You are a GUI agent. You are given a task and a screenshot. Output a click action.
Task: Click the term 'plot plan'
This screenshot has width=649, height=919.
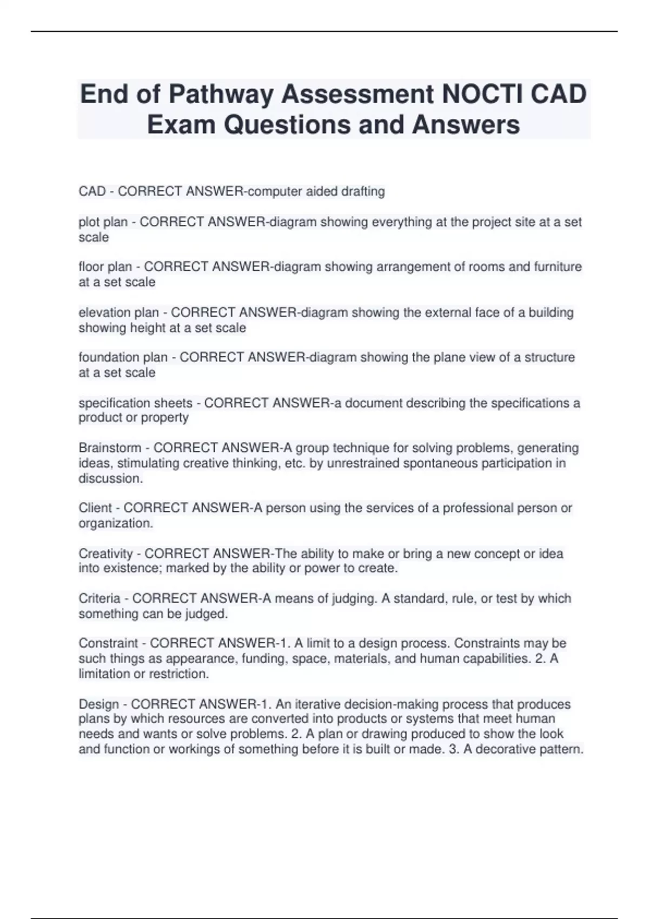tap(103, 222)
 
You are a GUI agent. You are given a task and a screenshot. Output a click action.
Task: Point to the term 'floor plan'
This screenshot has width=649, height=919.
tap(105, 267)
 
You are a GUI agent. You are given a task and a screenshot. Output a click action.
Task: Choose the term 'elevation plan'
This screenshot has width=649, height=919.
tap(118, 312)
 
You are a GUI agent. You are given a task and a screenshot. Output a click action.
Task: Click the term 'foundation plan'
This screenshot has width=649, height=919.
tap(123, 357)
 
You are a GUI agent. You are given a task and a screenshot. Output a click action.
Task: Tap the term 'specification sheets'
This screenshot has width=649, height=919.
tap(135, 403)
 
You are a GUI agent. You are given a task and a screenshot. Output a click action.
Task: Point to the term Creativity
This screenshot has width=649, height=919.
tap(105, 554)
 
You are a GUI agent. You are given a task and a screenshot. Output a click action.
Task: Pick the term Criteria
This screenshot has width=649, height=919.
tap(99, 598)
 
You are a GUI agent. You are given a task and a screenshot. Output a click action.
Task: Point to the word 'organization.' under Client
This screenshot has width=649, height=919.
tap(116, 523)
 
